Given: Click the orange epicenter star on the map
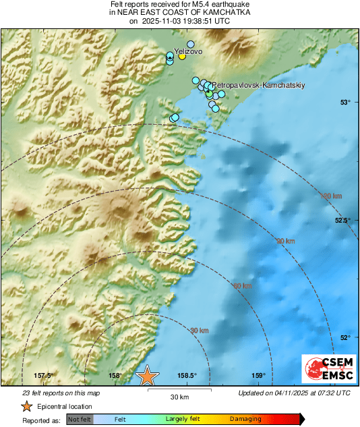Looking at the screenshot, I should click(x=147, y=376).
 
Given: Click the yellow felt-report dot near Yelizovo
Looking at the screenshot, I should click(x=182, y=57).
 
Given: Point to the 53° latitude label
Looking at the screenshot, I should click(x=345, y=103).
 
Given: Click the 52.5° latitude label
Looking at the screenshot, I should click(x=342, y=221).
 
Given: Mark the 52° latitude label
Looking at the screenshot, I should click(x=345, y=337).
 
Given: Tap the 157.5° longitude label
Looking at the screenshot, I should click(x=44, y=376).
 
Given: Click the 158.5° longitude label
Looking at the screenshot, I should click(x=187, y=376).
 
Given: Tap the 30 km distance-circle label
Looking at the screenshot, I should click(x=199, y=331).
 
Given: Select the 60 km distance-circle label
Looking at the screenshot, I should click(x=243, y=286).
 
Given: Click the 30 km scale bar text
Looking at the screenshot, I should click(x=179, y=396).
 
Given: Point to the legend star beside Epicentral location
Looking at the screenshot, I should click(x=26, y=406).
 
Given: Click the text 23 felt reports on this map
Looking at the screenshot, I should click(x=61, y=393).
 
